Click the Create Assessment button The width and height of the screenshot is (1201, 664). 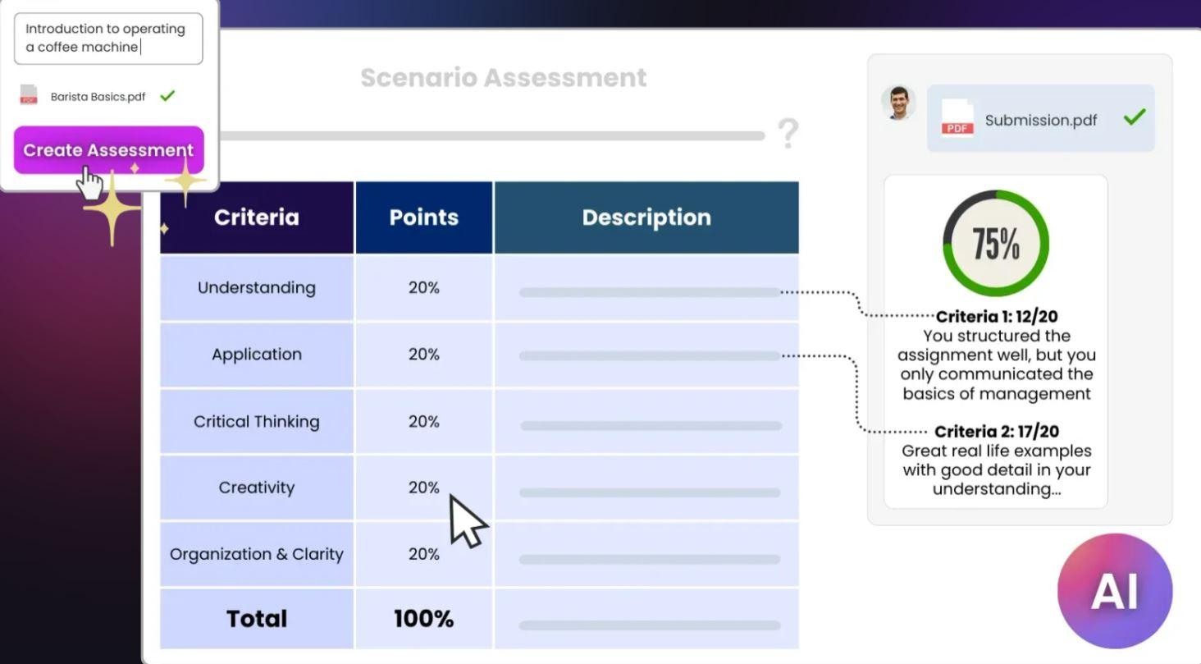coord(108,150)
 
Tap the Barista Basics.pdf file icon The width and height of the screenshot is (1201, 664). coord(29,95)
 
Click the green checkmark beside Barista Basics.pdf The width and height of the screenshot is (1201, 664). coord(167,95)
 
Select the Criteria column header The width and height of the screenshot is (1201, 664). coord(257,218)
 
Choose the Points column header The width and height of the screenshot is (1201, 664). coord(423,218)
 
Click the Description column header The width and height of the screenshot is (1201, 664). coord(646,218)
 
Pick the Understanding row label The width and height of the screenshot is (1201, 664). coord(257,287)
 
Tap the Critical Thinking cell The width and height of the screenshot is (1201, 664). coord(257,421)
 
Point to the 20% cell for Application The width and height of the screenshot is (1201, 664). coord(423,355)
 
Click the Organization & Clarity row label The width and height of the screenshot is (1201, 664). coord(257,554)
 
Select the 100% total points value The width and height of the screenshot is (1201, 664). coord(423,619)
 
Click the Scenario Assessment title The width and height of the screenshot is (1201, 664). coord(503,78)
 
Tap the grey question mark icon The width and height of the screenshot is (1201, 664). coord(788,133)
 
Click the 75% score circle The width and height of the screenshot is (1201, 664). coord(995,243)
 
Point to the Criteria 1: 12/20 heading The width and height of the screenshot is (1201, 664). coord(996,317)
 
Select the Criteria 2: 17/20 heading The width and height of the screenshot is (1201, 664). coord(996,432)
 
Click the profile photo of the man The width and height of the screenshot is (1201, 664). coord(898,103)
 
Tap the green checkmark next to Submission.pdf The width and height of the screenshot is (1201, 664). coord(1134,117)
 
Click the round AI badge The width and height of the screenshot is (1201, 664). coord(1114,591)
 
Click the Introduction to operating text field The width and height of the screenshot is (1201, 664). coord(108,39)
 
